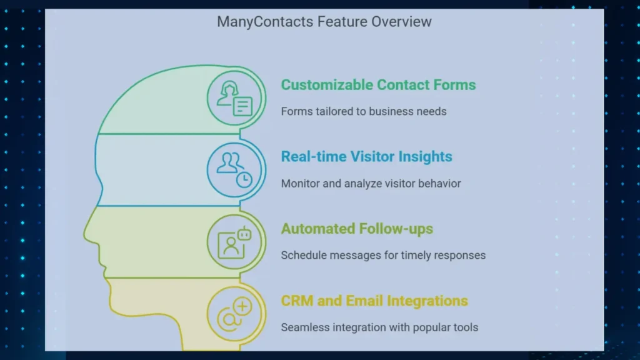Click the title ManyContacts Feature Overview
pos(324,22)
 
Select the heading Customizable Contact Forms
pos(378,85)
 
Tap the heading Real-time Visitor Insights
pos(366,157)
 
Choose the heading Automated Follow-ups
pos(357,229)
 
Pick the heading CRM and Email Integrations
pos(374,301)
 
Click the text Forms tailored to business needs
pos(364,111)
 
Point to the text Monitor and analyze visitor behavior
pos(371,184)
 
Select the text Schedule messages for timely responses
pos(383,256)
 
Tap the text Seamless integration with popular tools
pos(379,327)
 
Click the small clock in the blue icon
pos(244,179)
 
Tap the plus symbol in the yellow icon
pos(242,306)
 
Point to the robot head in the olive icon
pos(244,234)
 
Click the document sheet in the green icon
pos(242,106)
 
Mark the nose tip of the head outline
pos(85,235)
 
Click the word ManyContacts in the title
pos(265,22)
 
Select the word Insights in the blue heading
pos(425,157)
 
